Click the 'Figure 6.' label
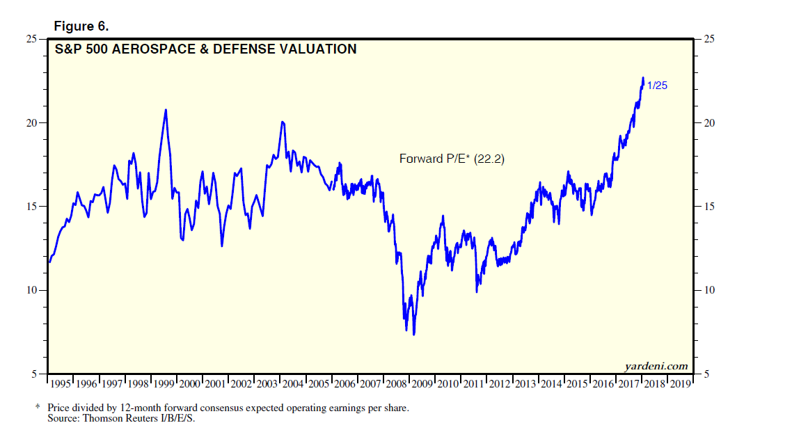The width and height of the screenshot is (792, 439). [x=81, y=26]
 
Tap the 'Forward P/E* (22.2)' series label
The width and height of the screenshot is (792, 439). [x=451, y=159]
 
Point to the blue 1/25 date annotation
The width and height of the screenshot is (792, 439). [x=658, y=86]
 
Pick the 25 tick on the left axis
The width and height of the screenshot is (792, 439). [x=32, y=39]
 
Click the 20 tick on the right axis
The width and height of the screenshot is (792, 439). [x=710, y=123]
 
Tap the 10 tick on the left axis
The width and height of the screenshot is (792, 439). [x=32, y=290]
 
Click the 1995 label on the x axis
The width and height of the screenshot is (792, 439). [x=61, y=384]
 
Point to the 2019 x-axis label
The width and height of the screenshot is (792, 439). [x=679, y=384]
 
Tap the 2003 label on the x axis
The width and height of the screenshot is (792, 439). [x=267, y=384]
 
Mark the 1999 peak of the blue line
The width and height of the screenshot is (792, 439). [x=166, y=110]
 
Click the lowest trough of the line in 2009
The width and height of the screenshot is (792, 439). [x=414, y=334]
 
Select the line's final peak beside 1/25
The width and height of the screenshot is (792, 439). [x=642, y=78]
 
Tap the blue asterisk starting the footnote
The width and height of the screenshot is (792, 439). [x=39, y=407]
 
